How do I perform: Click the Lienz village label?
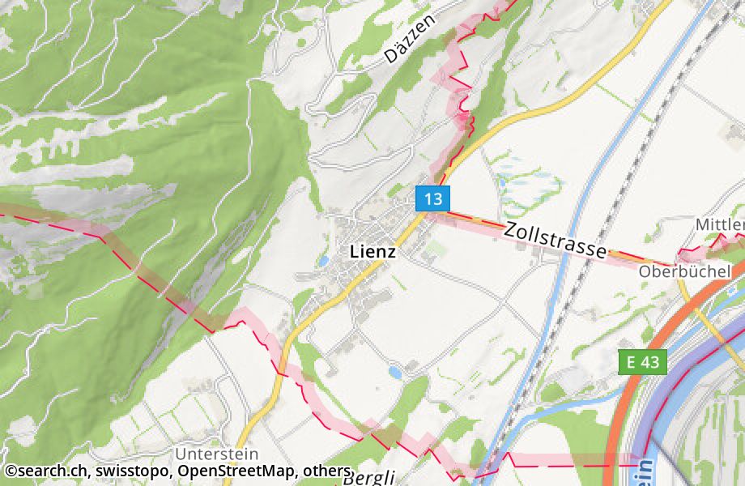point(372,252)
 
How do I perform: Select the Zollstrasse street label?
point(555,241)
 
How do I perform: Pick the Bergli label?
point(368,477)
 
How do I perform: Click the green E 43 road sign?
point(644,362)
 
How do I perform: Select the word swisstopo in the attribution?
point(131,471)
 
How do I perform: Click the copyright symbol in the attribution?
point(10,471)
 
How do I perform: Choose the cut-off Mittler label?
point(720,224)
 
